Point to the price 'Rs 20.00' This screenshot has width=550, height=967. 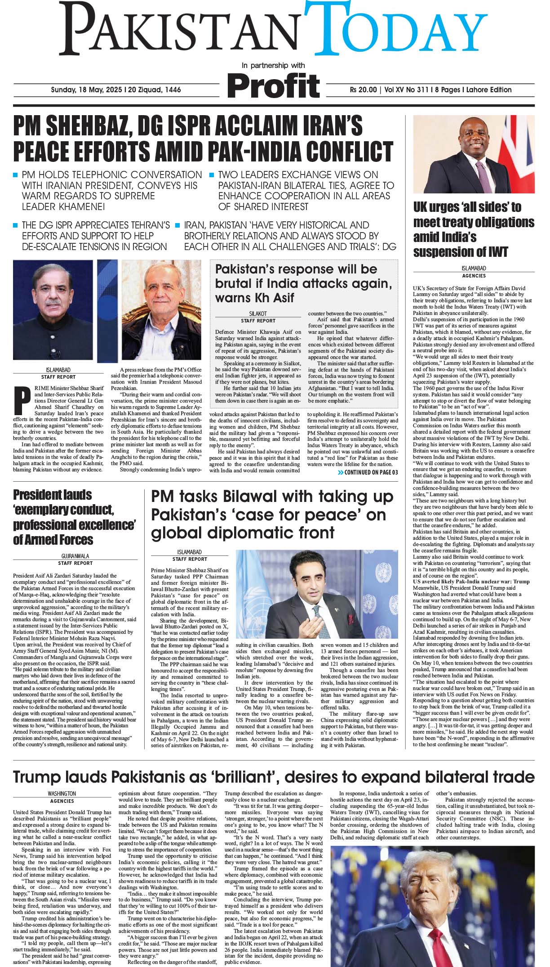363,90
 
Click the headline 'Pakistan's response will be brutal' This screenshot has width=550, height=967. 304,283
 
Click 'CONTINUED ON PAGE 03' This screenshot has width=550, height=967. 368,472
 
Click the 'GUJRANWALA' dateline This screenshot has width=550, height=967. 75,556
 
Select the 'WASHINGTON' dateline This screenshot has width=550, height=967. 62,794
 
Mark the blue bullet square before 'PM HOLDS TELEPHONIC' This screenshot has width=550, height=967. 16,175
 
